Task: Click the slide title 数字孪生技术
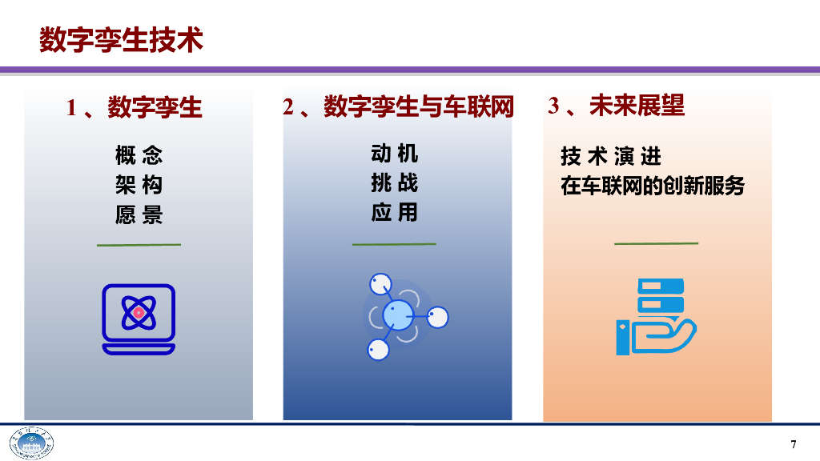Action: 121,39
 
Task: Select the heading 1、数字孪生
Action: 135,107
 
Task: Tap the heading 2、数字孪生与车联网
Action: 398,106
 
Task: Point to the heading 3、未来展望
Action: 617,106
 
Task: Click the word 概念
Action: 139,154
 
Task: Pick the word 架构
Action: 139,185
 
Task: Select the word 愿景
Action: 139,214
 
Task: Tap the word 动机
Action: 394,153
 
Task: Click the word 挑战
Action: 394,183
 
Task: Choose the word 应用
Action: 394,213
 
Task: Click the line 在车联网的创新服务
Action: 653,186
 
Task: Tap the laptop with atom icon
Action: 139,319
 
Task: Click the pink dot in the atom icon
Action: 139,313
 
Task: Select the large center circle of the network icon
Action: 397,315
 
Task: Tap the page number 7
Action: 794,445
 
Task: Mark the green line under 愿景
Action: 139,244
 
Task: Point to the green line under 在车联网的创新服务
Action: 656,243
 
